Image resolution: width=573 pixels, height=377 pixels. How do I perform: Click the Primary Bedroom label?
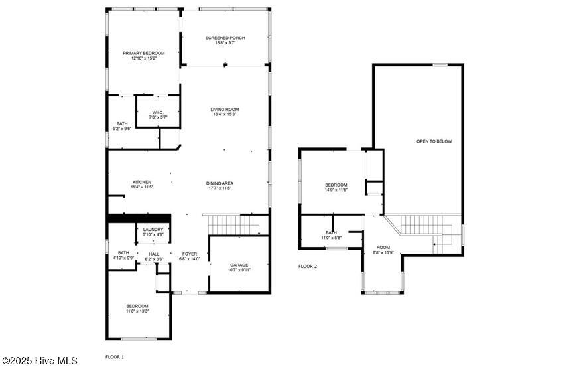click(x=144, y=53)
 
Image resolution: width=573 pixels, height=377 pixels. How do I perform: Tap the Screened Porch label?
click(x=225, y=38)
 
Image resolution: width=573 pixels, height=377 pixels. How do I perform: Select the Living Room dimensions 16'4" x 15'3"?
click(x=225, y=114)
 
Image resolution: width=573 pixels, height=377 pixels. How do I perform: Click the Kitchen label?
click(x=142, y=182)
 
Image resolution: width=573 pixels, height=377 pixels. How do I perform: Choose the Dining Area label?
click(x=220, y=183)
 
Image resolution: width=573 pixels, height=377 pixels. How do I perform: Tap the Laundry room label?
click(x=153, y=230)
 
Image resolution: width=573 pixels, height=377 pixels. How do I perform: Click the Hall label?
click(x=154, y=254)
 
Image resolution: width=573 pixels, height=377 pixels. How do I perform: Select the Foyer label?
click(x=190, y=254)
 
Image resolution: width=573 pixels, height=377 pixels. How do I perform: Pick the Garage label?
click(x=239, y=265)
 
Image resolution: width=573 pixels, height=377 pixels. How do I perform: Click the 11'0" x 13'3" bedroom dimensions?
click(x=137, y=311)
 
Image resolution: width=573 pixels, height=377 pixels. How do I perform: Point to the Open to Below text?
click(x=434, y=141)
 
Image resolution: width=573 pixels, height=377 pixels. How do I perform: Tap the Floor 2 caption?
click(x=308, y=267)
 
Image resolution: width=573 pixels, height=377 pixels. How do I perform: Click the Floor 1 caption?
click(x=115, y=357)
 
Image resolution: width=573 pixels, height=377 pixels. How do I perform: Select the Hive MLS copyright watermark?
click(x=40, y=361)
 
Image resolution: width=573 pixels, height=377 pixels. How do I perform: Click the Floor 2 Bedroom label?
click(x=336, y=185)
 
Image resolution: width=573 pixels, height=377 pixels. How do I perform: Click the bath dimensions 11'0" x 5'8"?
click(x=331, y=238)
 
